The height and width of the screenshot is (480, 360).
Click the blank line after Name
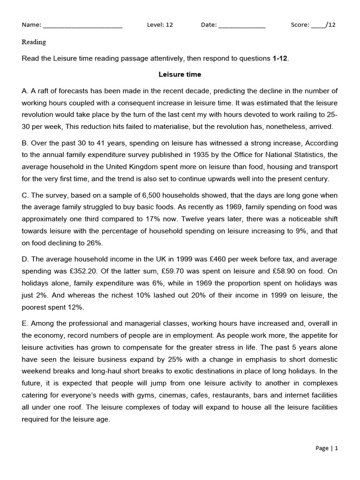[x=82, y=25]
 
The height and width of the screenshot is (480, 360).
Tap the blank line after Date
[x=242, y=25]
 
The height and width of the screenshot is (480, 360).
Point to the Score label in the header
[x=300, y=25]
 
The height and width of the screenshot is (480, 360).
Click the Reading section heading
[x=34, y=42]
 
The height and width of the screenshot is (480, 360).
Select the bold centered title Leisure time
[x=180, y=75]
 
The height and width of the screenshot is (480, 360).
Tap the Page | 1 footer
[x=327, y=448]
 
